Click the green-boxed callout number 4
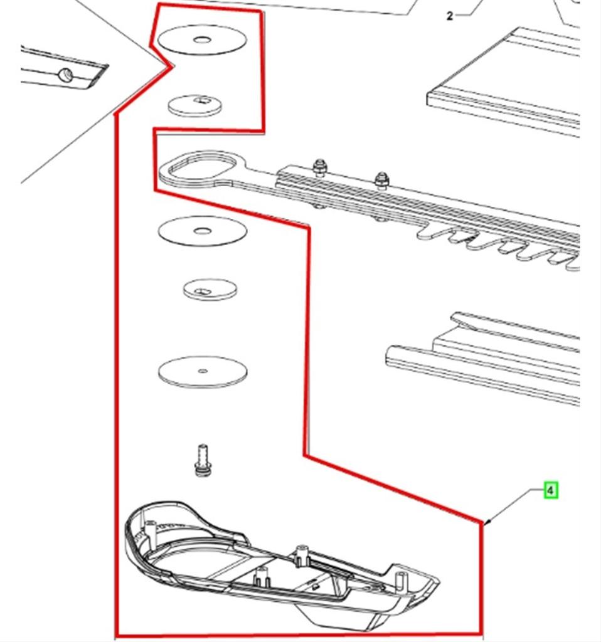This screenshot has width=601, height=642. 550,490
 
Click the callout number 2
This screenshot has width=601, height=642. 449,16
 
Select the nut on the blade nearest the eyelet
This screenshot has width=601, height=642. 319,166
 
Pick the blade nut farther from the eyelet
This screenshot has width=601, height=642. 381,181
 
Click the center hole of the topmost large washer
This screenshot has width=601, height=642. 202,40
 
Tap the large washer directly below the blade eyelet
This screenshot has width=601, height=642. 202,231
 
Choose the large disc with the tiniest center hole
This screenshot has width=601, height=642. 202,372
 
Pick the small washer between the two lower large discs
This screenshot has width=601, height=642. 210,290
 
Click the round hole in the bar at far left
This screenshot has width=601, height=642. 66,76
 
